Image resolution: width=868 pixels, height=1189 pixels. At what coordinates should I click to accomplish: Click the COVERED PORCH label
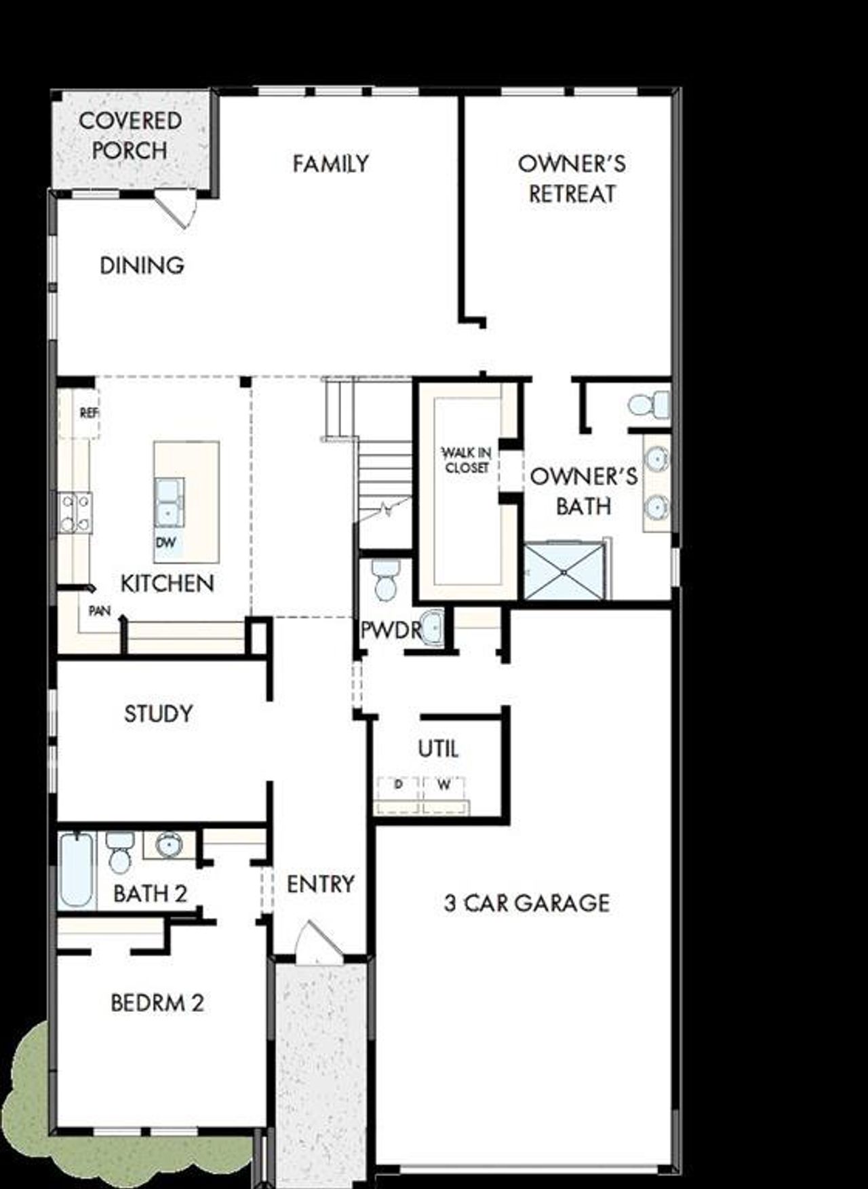point(130,135)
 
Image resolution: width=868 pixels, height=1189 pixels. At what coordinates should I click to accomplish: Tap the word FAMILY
point(330,164)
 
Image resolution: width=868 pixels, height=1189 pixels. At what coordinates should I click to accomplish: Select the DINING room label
point(142,265)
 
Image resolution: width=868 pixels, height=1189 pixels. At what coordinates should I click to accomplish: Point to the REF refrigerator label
point(88,412)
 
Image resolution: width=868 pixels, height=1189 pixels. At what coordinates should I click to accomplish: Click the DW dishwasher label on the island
point(165,542)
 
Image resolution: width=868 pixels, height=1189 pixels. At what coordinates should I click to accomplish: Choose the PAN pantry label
point(100,611)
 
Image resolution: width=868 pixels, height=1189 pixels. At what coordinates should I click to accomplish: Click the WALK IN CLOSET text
point(467,459)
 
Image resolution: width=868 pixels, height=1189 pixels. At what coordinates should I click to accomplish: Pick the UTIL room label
point(438,749)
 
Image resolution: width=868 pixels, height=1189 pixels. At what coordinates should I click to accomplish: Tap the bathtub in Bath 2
point(75,871)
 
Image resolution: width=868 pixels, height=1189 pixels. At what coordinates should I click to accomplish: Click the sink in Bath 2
point(168,846)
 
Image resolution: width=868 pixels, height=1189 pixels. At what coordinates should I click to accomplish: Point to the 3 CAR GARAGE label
point(527,903)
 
